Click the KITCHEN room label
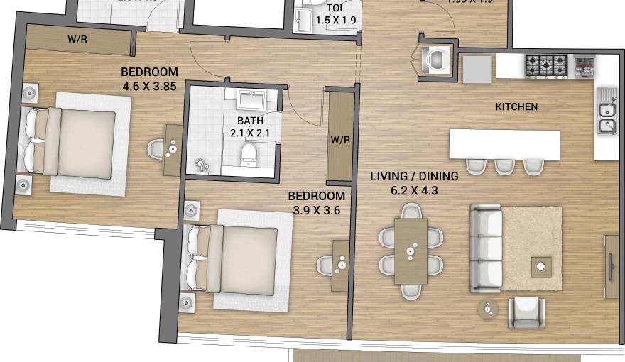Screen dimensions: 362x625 click(516, 107)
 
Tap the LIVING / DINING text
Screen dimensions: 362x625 click(414, 176)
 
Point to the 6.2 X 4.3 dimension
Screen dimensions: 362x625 click(414, 190)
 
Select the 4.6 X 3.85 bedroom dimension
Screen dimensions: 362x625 click(149, 85)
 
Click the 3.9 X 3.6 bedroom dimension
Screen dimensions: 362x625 click(319, 210)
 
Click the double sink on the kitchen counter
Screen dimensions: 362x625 click(606, 118)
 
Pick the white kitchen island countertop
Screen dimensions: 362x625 click(504, 145)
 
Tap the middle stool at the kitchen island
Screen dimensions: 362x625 click(504, 165)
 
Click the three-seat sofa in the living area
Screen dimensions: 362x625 click(486, 248)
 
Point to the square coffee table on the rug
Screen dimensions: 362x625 click(541, 266)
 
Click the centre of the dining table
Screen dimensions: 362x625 click(411, 251)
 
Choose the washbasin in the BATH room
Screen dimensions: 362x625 click(250, 99)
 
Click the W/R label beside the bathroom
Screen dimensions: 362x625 click(340, 140)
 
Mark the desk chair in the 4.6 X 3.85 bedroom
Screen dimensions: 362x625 click(157, 149)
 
